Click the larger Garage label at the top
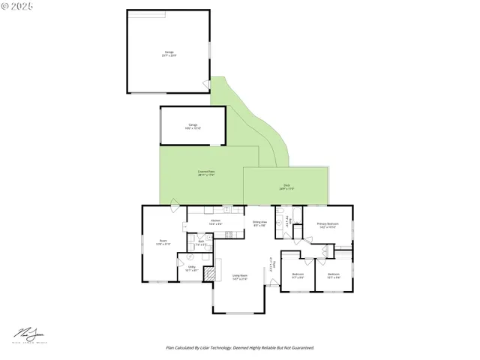169,52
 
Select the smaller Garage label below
193,124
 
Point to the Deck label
286,185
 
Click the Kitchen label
215,220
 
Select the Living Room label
240,276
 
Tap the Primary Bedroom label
327,223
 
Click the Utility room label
191,267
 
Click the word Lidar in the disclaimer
217,348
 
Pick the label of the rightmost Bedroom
333,274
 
